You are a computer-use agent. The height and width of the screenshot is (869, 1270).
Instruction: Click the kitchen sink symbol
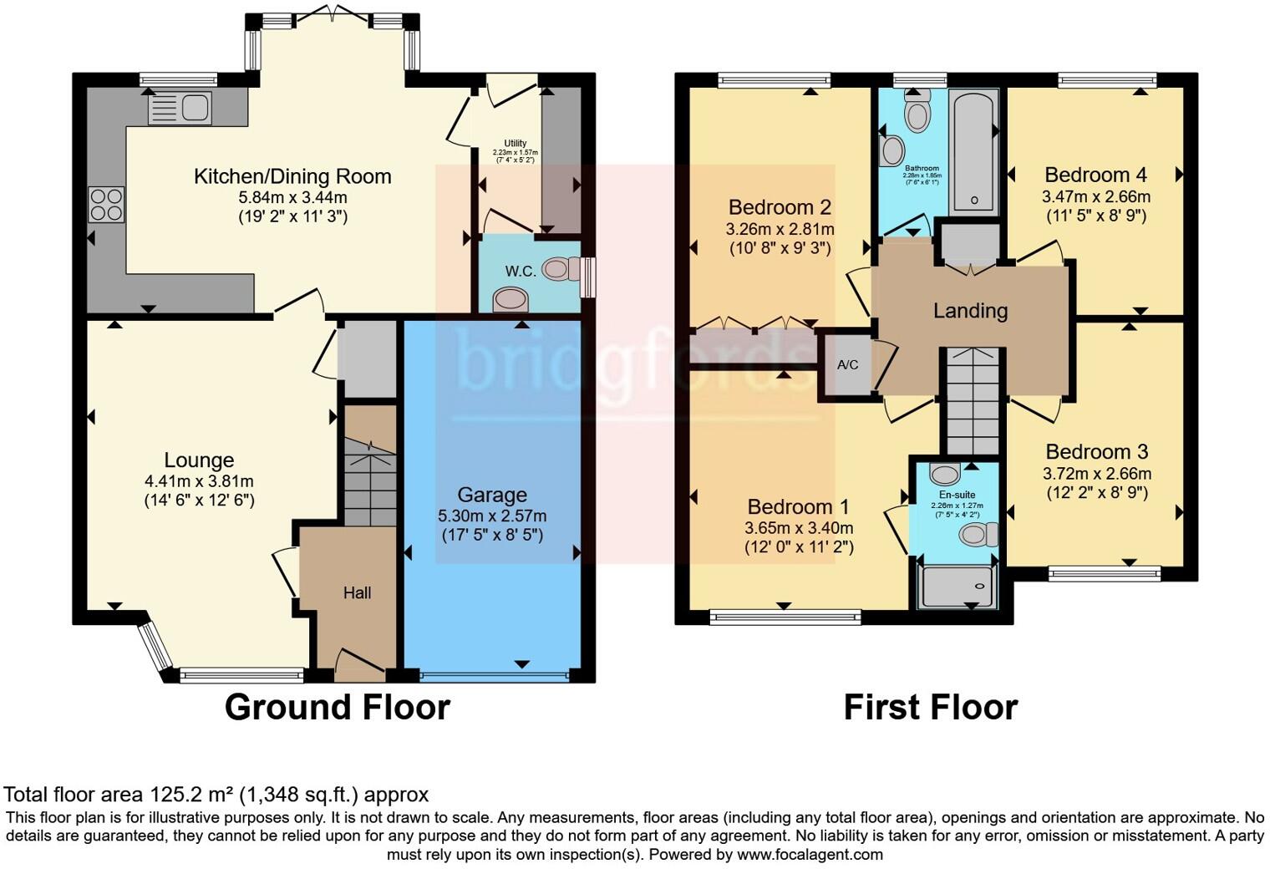click(x=180, y=109)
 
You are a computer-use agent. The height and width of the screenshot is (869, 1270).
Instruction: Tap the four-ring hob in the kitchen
click(x=106, y=204)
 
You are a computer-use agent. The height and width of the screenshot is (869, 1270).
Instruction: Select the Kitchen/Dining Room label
click(x=292, y=176)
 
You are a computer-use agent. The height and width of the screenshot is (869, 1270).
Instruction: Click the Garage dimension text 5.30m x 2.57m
click(x=492, y=516)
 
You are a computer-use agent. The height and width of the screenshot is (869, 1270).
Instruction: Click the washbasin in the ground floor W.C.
click(x=510, y=299)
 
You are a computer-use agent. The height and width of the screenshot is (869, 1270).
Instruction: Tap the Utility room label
click(x=516, y=144)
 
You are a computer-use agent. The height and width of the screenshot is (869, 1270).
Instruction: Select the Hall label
click(x=357, y=592)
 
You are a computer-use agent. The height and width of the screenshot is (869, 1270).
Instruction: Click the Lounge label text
click(x=199, y=460)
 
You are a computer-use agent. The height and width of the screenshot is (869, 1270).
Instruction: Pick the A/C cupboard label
click(x=847, y=365)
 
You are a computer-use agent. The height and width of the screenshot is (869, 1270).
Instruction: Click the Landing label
click(x=970, y=311)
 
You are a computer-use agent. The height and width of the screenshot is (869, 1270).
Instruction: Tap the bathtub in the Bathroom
click(x=973, y=150)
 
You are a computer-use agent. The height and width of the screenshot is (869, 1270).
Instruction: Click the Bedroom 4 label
click(x=1095, y=175)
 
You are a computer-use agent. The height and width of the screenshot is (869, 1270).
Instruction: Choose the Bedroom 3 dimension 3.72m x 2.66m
click(x=1097, y=474)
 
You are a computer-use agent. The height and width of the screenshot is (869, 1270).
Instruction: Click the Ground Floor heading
click(x=337, y=707)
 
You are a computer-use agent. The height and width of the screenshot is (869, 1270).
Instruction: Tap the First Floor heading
click(x=930, y=707)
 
